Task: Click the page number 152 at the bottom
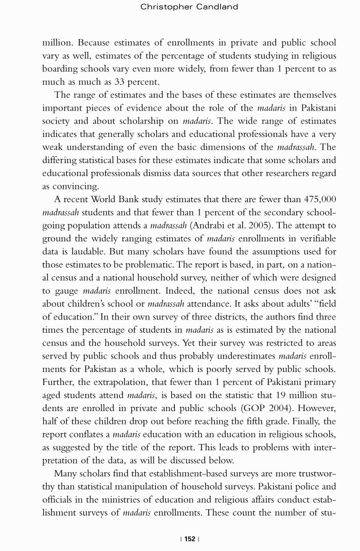(x=190, y=539)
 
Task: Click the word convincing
(x=76, y=186)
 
